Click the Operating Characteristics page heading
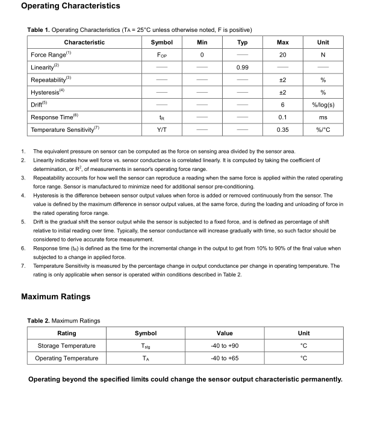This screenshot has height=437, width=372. [70, 6]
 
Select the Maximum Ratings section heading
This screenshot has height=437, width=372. [55, 297]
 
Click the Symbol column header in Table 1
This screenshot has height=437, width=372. [161, 42]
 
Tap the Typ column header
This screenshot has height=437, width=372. [242, 42]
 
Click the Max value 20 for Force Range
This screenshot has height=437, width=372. [282, 55]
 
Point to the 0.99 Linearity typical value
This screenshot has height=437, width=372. [242, 67]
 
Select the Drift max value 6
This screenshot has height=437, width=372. [282, 105]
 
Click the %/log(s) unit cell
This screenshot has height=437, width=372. [323, 105]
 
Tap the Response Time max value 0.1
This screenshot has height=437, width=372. [282, 117]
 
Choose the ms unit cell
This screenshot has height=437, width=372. [323, 117]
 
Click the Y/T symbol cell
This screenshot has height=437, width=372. [161, 130]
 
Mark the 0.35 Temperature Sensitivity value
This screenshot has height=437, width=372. [282, 130]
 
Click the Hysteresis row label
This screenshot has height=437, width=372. [46, 92]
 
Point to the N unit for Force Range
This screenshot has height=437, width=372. [323, 55]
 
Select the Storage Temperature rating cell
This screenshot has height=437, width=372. [66, 346]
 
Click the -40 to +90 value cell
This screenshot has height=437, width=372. [225, 346]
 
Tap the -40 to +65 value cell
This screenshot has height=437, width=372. [225, 358]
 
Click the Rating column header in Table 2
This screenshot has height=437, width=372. [66, 333]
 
